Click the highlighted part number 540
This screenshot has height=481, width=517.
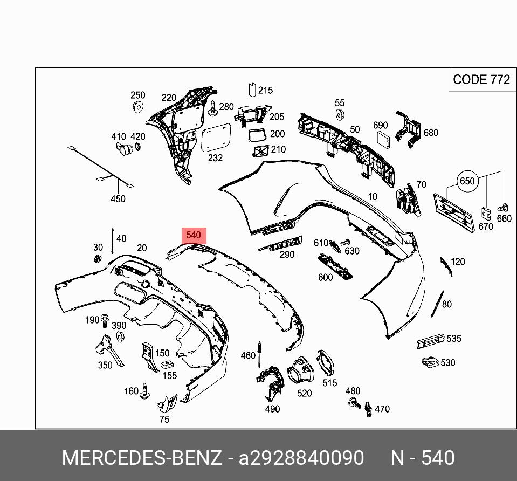click(194, 235)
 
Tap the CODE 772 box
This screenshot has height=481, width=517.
click(481, 80)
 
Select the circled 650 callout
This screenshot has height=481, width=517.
click(467, 181)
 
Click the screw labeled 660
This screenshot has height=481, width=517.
click(504, 207)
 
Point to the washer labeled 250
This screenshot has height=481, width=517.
click(137, 106)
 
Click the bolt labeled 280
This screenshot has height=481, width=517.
click(213, 108)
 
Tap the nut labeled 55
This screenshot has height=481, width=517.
click(340, 114)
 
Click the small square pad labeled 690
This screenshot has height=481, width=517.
click(383, 139)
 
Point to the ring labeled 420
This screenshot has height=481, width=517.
click(137, 147)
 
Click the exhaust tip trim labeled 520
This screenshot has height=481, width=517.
click(302, 372)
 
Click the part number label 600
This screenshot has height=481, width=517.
click(325, 277)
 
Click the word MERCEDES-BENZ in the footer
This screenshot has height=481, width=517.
click(142, 458)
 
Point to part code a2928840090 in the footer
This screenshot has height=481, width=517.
click(301, 458)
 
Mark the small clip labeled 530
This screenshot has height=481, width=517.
click(430, 362)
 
